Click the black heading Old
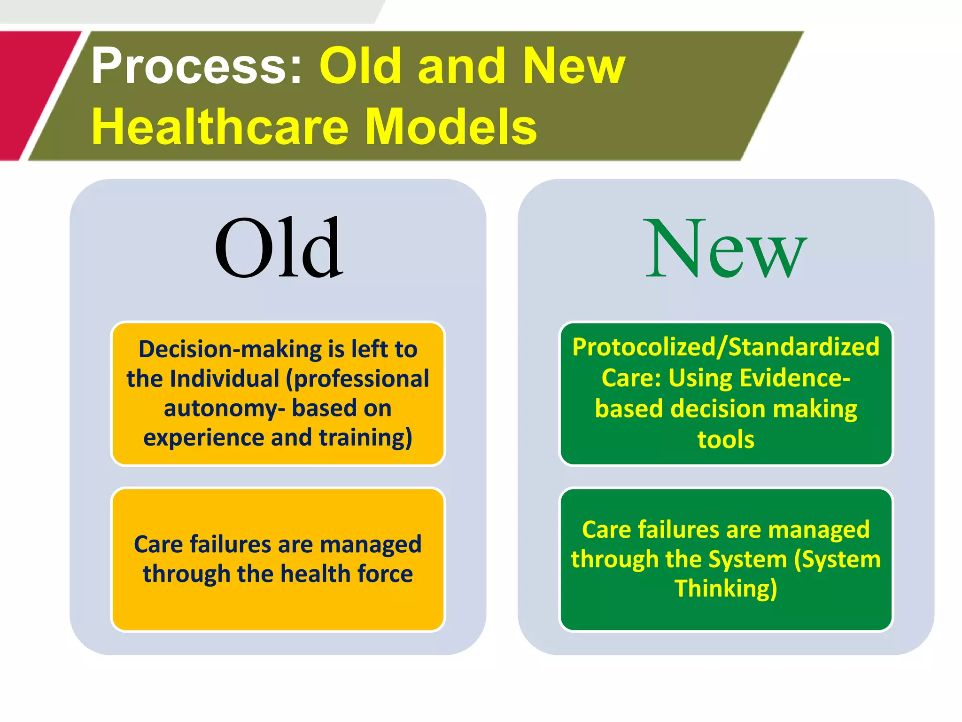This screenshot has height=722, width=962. pyautogui.click(x=279, y=248)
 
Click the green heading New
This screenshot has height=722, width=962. pyautogui.click(x=726, y=249)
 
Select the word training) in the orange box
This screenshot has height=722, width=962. pyautogui.click(x=365, y=438)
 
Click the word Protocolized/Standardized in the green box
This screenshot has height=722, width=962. pyautogui.click(x=726, y=347)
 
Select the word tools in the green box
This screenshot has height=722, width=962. pyautogui.click(x=726, y=439)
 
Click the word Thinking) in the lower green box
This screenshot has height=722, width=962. pyautogui.click(x=726, y=589)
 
